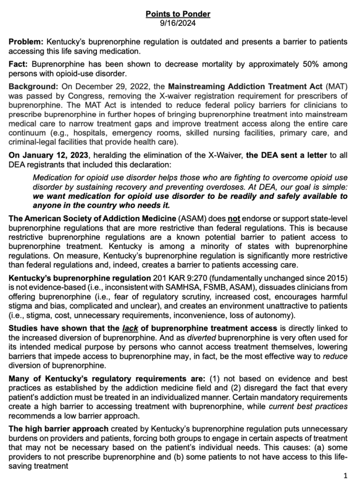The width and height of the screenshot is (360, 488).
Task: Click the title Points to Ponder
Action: (x=178, y=14)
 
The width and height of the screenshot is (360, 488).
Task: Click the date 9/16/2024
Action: (x=178, y=22)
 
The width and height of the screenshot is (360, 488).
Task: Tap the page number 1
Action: (x=345, y=476)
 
